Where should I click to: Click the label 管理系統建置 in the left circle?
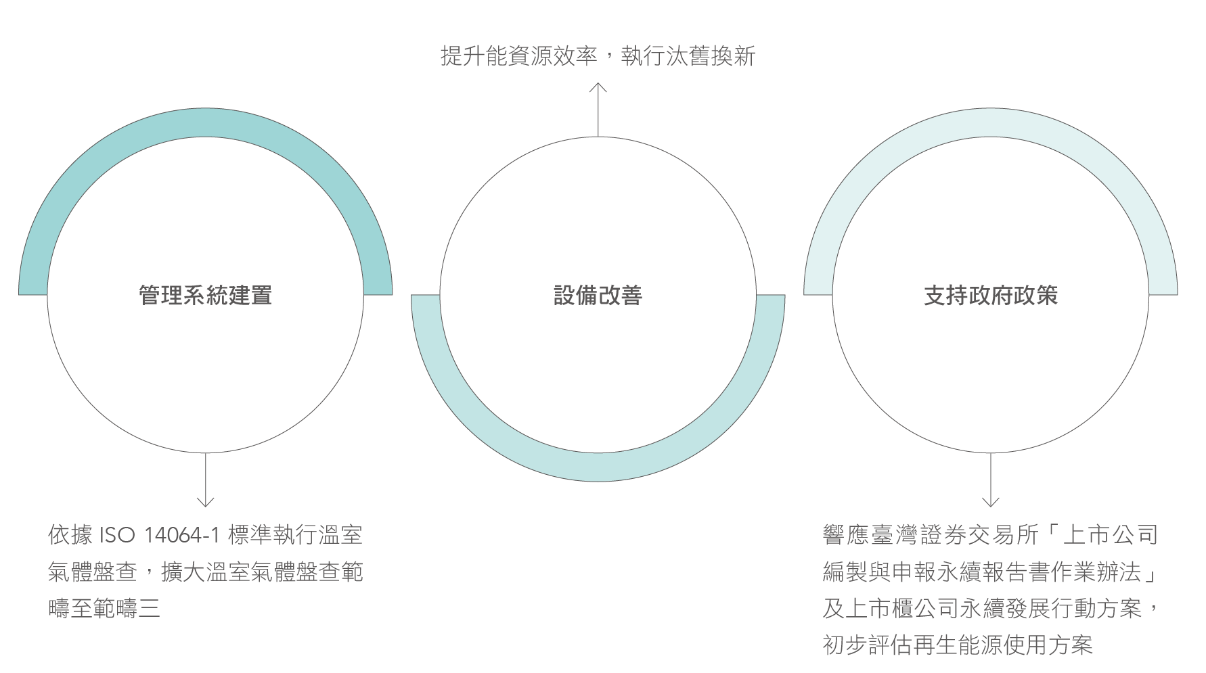[205, 296]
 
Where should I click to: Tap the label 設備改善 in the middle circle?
[598, 296]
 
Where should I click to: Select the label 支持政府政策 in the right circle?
[990, 296]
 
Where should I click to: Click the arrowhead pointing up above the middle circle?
[598, 87]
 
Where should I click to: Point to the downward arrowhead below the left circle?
[205, 502]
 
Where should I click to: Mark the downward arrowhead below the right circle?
[990, 502]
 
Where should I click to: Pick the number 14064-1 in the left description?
[182, 536]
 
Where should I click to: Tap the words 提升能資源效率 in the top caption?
[518, 56]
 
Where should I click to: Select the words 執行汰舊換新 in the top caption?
[688, 56]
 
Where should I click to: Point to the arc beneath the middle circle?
[598, 467]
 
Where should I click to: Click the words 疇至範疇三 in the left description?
[104, 609]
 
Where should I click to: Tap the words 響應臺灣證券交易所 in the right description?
[931, 536]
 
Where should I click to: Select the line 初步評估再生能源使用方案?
[958, 645]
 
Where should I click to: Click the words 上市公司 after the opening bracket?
[1111, 536]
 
